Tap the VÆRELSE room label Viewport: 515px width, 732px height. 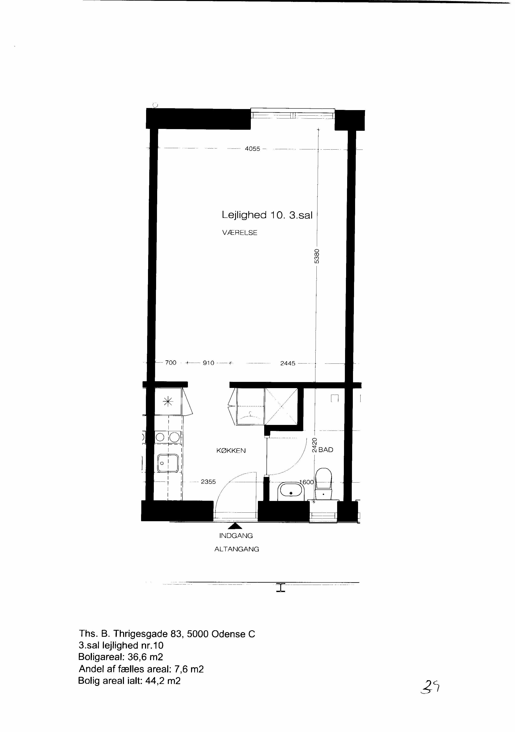click(x=240, y=233)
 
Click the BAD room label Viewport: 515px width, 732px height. click(x=326, y=450)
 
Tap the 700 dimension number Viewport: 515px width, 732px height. click(x=171, y=362)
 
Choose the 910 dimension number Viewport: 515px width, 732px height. click(x=209, y=363)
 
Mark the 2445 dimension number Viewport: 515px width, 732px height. click(x=288, y=363)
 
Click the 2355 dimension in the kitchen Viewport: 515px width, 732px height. click(x=208, y=482)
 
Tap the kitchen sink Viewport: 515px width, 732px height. click(x=168, y=463)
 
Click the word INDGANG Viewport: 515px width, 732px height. click(x=236, y=536)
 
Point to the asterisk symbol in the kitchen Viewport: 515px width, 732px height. click(x=168, y=402)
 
